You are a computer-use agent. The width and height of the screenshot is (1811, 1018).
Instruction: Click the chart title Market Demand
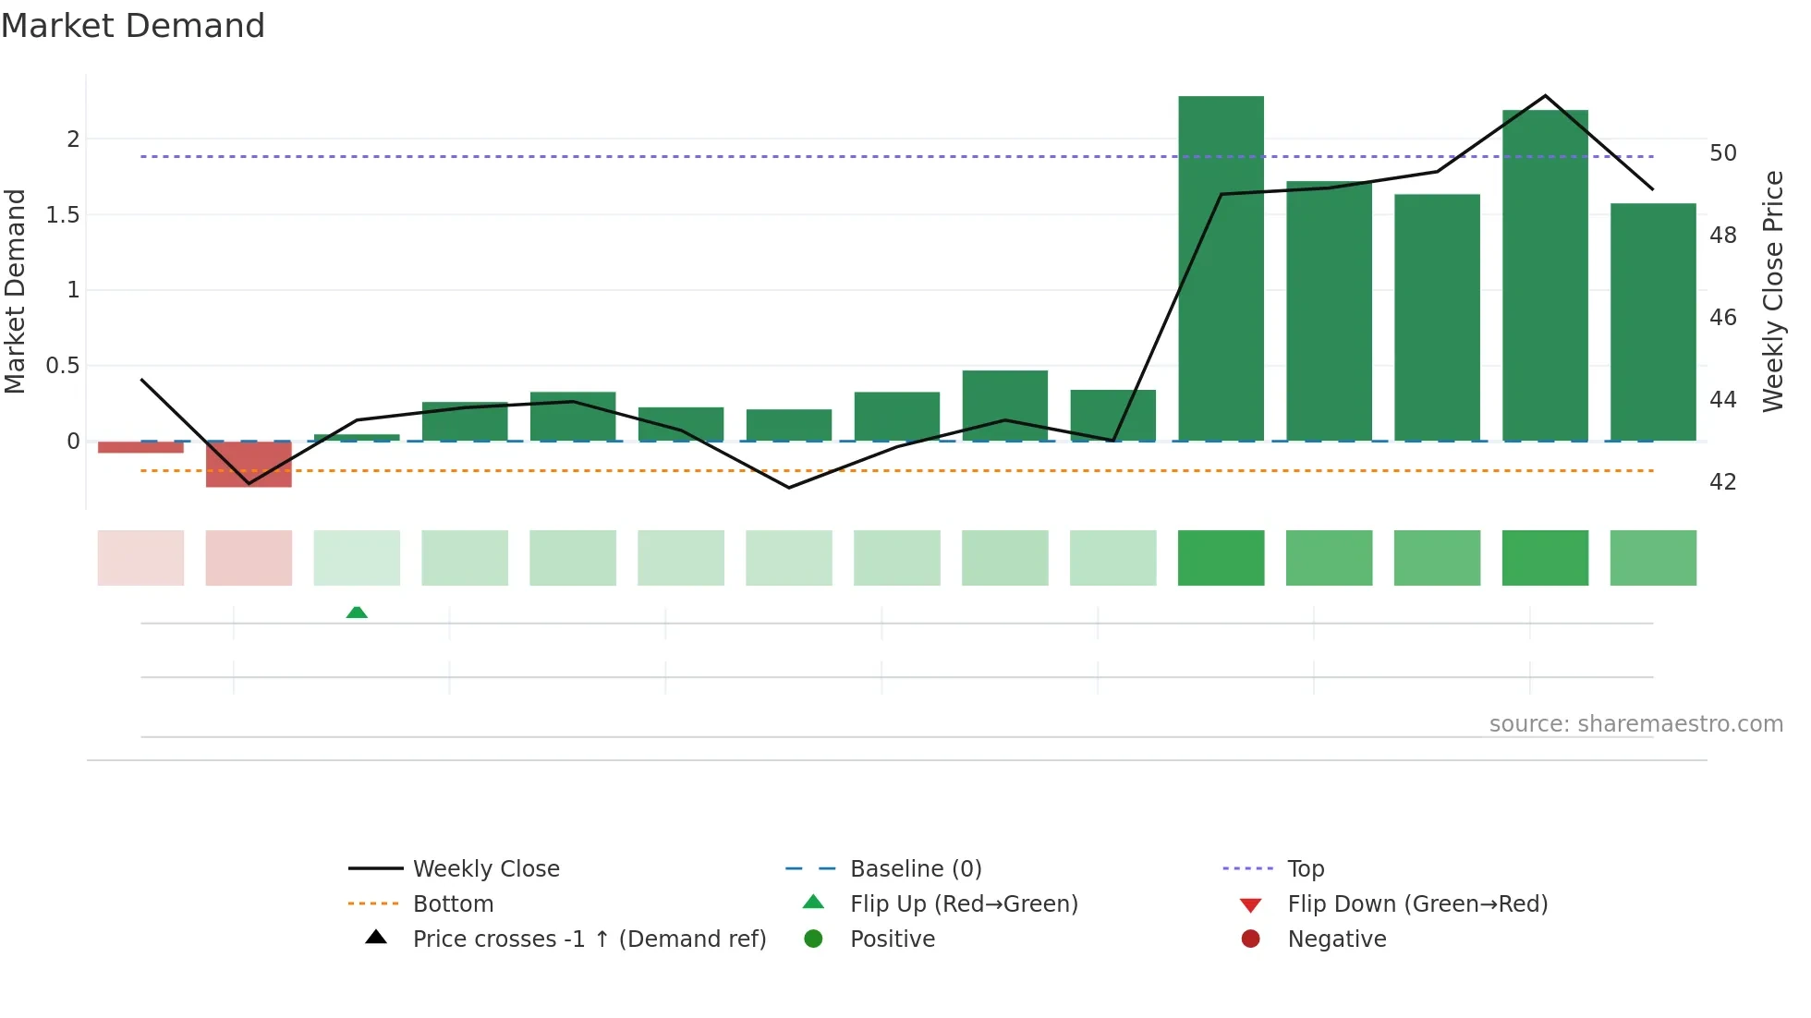pos(133,26)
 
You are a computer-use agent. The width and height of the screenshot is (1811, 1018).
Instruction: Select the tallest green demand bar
pos(1221,268)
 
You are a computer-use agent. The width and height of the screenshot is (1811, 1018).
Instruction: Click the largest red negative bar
pos(249,464)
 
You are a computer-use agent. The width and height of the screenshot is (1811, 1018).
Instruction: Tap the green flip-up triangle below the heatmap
pos(357,612)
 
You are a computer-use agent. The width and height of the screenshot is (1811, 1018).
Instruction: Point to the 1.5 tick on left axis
pos(63,215)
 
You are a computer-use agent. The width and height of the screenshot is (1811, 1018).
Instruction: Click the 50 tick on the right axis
pos(1722,153)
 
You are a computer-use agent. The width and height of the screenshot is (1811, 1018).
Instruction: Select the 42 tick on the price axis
pos(1722,482)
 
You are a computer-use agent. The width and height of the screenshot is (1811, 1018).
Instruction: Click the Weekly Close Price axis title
pos(1772,291)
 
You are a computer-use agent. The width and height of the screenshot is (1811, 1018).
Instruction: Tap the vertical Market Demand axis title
pos(16,291)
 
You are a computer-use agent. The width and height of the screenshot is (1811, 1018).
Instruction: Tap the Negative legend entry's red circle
pos(1250,939)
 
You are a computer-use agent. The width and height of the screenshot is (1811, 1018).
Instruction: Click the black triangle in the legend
pos(376,938)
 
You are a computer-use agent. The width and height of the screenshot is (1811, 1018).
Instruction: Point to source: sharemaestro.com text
pos(1635,724)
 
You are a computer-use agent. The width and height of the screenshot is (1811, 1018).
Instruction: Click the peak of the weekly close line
pos(1545,96)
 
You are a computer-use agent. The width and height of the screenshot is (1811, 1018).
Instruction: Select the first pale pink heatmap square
pos(140,558)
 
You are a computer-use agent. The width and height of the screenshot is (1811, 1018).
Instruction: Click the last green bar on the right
pos(1653,321)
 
